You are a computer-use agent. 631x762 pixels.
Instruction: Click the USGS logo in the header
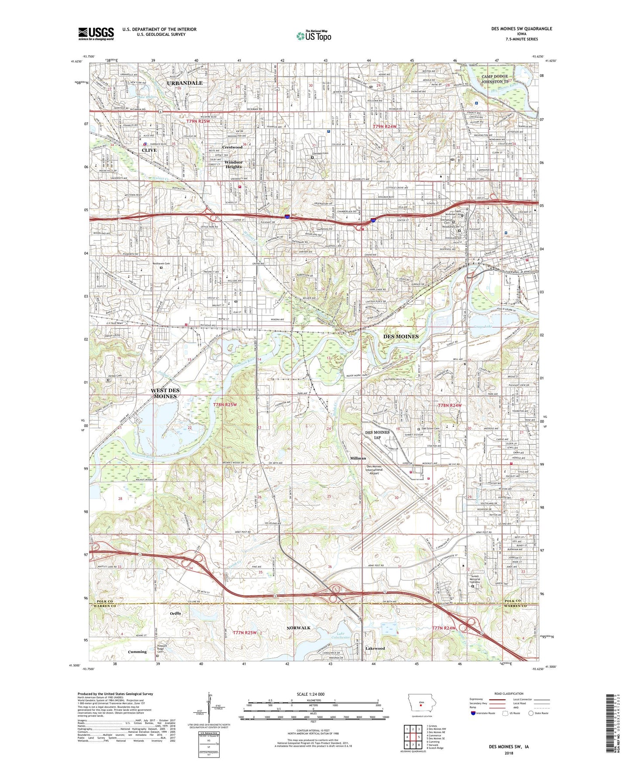[96, 34]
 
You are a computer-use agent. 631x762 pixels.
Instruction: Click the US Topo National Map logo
[314, 36]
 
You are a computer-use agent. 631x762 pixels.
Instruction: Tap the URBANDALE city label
[184, 83]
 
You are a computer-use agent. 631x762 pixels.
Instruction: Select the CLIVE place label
[149, 150]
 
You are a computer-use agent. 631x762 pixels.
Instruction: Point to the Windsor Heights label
[233, 165]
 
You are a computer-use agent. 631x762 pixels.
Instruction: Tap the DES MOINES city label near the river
[400, 336]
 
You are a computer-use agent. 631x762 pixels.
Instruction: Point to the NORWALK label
[298, 628]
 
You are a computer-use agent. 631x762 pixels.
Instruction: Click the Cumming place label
[137, 652]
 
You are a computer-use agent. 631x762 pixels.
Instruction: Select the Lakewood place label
[375, 648]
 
